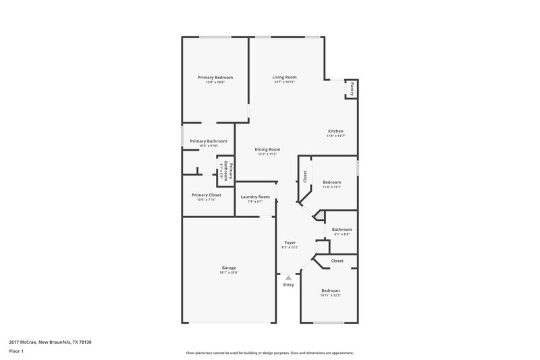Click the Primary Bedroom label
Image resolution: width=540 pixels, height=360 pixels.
[210, 78]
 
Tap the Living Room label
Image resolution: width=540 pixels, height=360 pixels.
[284, 78]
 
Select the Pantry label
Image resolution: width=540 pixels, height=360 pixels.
[352, 88]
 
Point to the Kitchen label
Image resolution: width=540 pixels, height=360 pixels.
[336, 131]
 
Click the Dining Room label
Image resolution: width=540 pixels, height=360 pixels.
[267, 149]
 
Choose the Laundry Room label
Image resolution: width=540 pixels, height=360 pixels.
[255, 197]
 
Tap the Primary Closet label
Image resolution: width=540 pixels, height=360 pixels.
[206, 195]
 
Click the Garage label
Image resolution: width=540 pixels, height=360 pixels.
[229, 267]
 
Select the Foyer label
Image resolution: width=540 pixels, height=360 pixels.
[290, 242]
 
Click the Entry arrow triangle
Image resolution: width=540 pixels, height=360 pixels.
[289, 277]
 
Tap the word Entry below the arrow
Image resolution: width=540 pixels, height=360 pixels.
[289, 285]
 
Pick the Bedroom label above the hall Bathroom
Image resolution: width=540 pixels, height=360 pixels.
[331, 182]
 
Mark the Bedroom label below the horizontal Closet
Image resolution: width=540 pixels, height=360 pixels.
[330, 290]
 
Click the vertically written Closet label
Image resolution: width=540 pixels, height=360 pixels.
[305, 177]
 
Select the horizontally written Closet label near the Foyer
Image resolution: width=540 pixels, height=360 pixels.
[337, 261]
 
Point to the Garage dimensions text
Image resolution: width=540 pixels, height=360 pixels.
[229, 273]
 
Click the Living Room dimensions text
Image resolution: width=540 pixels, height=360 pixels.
[284, 82]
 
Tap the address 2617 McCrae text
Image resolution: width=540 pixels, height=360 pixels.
[51, 342]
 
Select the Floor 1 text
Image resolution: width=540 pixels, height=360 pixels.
[17, 352]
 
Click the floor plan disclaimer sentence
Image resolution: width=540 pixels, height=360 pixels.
[270, 353]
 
